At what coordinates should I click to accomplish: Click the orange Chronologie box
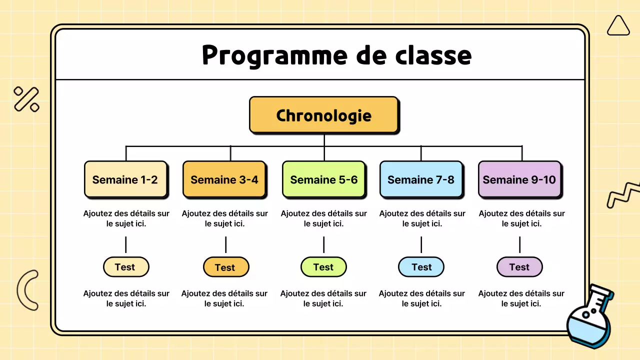click(323, 115)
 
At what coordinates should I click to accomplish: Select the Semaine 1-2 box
click(125, 179)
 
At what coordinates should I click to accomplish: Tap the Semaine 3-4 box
click(224, 179)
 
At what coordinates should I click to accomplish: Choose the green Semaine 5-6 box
click(323, 179)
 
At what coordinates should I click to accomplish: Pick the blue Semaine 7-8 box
click(421, 179)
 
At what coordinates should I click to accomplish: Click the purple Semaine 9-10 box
click(519, 179)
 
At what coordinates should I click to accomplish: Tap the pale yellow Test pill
click(125, 267)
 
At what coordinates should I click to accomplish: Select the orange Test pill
click(225, 267)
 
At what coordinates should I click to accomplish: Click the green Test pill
click(323, 267)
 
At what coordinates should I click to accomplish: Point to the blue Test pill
click(421, 267)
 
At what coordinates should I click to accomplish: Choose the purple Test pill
click(519, 267)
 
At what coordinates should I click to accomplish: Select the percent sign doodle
click(26, 99)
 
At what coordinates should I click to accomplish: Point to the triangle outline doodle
click(618, 26)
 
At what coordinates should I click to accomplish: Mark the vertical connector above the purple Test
click(519, 244)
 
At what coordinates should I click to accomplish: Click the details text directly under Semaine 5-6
click(323, 218)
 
